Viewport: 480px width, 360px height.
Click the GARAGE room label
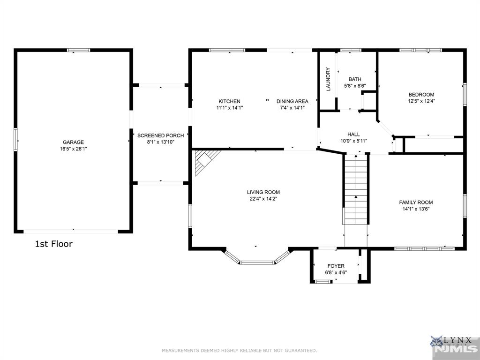73,142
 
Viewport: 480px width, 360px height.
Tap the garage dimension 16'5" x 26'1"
73,149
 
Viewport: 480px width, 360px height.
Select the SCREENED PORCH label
160,135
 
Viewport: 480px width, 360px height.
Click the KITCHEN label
229,101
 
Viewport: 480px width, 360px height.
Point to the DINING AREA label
292,101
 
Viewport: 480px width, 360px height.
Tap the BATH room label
355,79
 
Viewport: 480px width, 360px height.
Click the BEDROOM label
421,95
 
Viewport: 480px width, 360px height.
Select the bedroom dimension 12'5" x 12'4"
421,101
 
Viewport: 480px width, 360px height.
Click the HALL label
353,135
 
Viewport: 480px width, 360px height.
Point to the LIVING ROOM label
263,192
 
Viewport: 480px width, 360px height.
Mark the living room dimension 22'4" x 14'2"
263,199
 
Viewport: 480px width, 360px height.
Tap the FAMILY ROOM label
416,202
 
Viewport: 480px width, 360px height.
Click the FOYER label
336,266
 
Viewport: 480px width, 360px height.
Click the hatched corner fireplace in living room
205,160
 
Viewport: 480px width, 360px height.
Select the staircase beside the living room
356,190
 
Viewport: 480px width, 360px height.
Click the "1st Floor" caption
54,244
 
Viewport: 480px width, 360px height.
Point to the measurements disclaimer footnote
240,351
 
